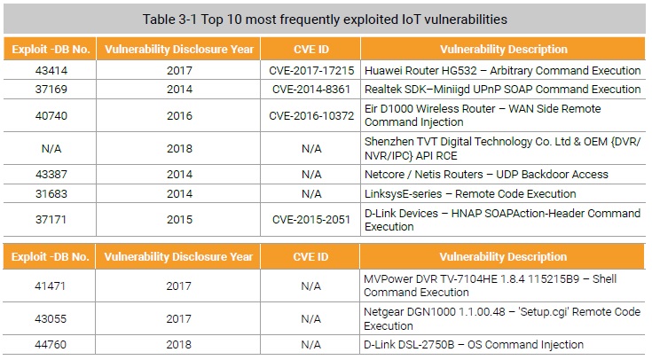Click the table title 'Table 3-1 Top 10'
[325, 19]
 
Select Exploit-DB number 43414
[50, 70]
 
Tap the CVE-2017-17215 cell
[310, 70]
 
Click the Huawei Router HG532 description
[502, 70]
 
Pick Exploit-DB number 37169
[50, 90]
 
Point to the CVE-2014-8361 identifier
[310, 90]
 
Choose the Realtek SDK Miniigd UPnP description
[502, 90]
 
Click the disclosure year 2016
[179, 115]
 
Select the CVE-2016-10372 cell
[310, 115]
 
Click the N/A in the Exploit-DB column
[50, 148]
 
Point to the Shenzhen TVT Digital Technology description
[502, 148]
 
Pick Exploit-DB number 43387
[50, 175]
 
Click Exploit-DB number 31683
[50, 193]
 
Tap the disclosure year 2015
[179, 219]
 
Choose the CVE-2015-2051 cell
[310, 219]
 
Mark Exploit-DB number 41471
[50, 286]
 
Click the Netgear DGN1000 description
[502, 318]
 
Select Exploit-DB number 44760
[50, 345]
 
